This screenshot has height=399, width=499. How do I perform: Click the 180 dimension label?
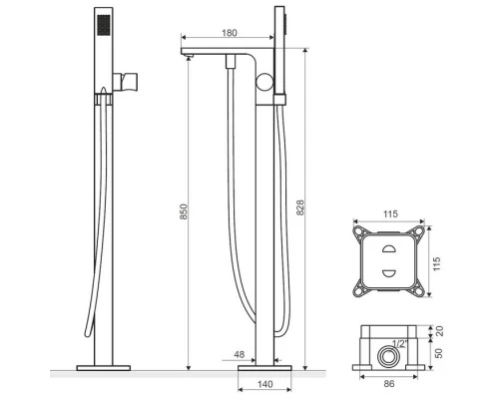[230, 33]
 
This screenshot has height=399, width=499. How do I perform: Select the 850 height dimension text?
[184, 211]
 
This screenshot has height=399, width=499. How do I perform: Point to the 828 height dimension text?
[300, 207]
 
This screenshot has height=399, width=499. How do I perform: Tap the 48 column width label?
[240, 354]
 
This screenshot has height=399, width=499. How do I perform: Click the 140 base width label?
[265, 384]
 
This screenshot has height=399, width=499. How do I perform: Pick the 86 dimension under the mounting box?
[389, 384]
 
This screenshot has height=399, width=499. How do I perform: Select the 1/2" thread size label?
[399, 343]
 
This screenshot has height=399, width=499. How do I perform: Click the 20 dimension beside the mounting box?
[439, 331]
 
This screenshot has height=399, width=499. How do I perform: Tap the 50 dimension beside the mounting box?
[439, 353]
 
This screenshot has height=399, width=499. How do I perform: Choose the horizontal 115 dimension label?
[390, 213]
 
